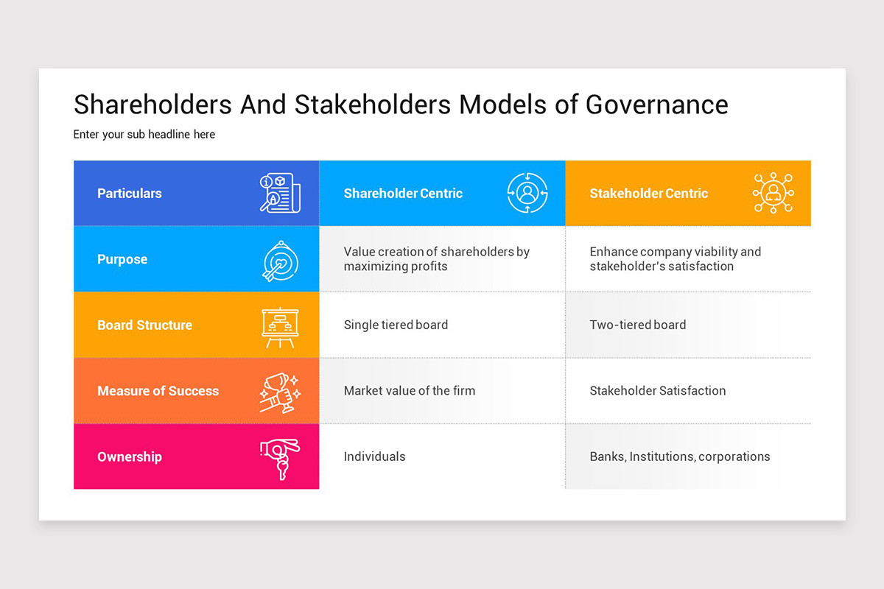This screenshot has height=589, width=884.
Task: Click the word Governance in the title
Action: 656,105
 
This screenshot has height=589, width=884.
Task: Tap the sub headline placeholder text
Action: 144,135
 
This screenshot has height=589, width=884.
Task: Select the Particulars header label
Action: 130,194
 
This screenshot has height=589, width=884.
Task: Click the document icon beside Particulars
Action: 280,193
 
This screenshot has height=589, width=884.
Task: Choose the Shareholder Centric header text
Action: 403,194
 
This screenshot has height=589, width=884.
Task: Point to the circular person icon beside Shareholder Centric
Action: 527,193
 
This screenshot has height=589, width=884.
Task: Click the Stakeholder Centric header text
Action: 648,194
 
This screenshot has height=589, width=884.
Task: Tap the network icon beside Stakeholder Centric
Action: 773,193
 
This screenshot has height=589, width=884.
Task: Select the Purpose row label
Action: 122,259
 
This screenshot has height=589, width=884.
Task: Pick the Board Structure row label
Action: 144,325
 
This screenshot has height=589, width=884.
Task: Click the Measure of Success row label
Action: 158,391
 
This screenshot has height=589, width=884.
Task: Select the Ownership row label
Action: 130,456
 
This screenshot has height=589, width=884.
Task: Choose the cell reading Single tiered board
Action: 396,325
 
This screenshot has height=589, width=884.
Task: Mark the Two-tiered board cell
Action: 638,325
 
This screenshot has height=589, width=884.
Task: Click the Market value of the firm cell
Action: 410,391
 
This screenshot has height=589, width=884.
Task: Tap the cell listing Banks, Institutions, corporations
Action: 680,456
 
